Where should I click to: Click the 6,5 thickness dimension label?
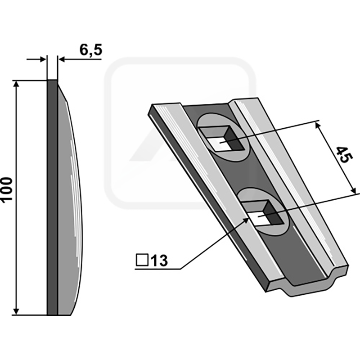pyautogui.click(x=91, y=50)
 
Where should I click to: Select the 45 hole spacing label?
pyautogui.click(x=344, y=155)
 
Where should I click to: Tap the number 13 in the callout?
pyautogui.click(x=159, y=261)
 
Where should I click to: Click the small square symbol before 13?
pyautogui.click(x=142, y=260)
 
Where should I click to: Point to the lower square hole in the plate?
pyautogui.click(x=263, y=212)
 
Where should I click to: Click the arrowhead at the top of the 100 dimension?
pyautogui.click(x=16, y=84)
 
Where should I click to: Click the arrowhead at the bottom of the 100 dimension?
pyautogui.click(x=16, y=311)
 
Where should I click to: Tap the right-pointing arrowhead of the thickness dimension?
pyautogui.click(x=44, y=59)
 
